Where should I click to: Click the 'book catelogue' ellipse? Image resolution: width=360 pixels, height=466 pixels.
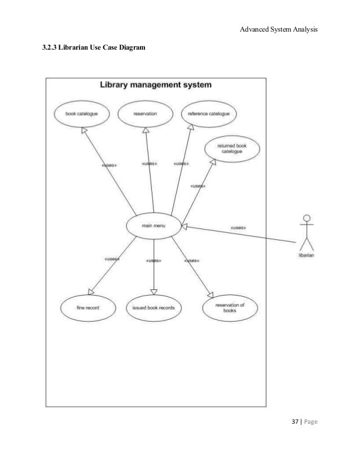pos(82,114)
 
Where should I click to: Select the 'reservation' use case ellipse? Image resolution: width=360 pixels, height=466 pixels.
pos(145,114)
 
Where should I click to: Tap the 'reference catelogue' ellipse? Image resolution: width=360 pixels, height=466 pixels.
pos(208,114)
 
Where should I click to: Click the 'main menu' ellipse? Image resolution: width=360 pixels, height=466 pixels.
pos(153,226)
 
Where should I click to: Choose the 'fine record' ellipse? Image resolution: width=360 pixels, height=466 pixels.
pos(88,308)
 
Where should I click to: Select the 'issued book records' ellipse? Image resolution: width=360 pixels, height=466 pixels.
pos(153,308)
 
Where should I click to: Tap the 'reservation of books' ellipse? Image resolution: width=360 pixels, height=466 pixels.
pos(230,307)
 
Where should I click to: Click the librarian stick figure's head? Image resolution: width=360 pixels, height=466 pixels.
pos(307,218)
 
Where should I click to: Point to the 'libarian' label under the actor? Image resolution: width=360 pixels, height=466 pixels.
pos(306,254)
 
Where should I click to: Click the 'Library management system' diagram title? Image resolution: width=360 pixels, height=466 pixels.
pos(155,86)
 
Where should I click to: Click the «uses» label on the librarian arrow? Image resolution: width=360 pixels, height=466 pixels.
pos(238,228)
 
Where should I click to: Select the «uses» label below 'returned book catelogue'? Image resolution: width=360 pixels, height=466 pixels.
pos(197,186)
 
